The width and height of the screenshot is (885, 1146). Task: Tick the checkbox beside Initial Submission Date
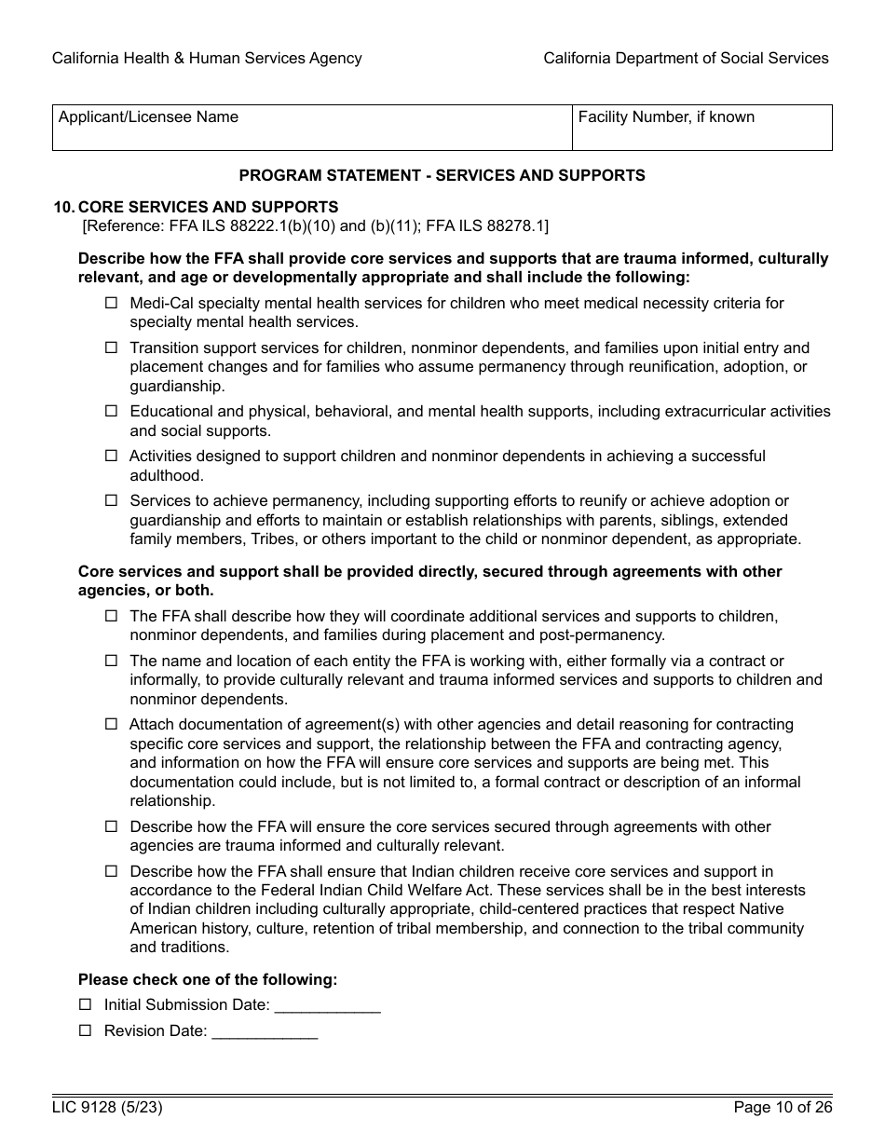(x=86, y=1004)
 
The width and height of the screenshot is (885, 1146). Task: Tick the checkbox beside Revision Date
(x=86, y=1030)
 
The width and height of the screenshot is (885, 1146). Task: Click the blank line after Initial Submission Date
(x=328, y=1006)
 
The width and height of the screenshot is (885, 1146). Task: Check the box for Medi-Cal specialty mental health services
(x=112, y=303)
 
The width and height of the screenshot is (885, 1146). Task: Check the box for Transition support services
(x=112, y=348)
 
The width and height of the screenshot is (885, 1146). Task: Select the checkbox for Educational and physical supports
(x=112, y=411)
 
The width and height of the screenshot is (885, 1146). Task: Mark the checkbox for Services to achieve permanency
(x=112, y=500)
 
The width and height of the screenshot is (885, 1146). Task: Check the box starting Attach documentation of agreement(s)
(x=112, y=724)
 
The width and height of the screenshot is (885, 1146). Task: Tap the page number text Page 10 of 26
(x=783, y=1108)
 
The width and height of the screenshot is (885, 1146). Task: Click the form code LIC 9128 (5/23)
(x=100, y=1108)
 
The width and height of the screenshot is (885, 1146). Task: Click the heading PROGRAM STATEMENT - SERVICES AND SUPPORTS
(x=442, y=175)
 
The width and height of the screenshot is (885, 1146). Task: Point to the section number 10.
(x=62, y=207)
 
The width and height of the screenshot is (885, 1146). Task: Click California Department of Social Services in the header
(x=686, y=58)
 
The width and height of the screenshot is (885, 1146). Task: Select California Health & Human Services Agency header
(x=207, y=58)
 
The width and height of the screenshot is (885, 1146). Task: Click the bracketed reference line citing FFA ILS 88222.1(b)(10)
(x=316, y=225)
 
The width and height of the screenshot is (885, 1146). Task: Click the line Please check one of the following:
(x=208, y=979)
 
